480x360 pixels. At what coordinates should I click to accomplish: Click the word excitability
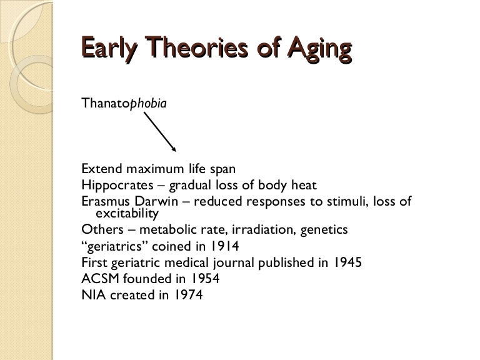click(x=122, y=214)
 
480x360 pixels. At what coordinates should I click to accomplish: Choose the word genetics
click(x=342, y=229)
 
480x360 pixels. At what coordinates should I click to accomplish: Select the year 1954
click(x=204, y=279)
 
